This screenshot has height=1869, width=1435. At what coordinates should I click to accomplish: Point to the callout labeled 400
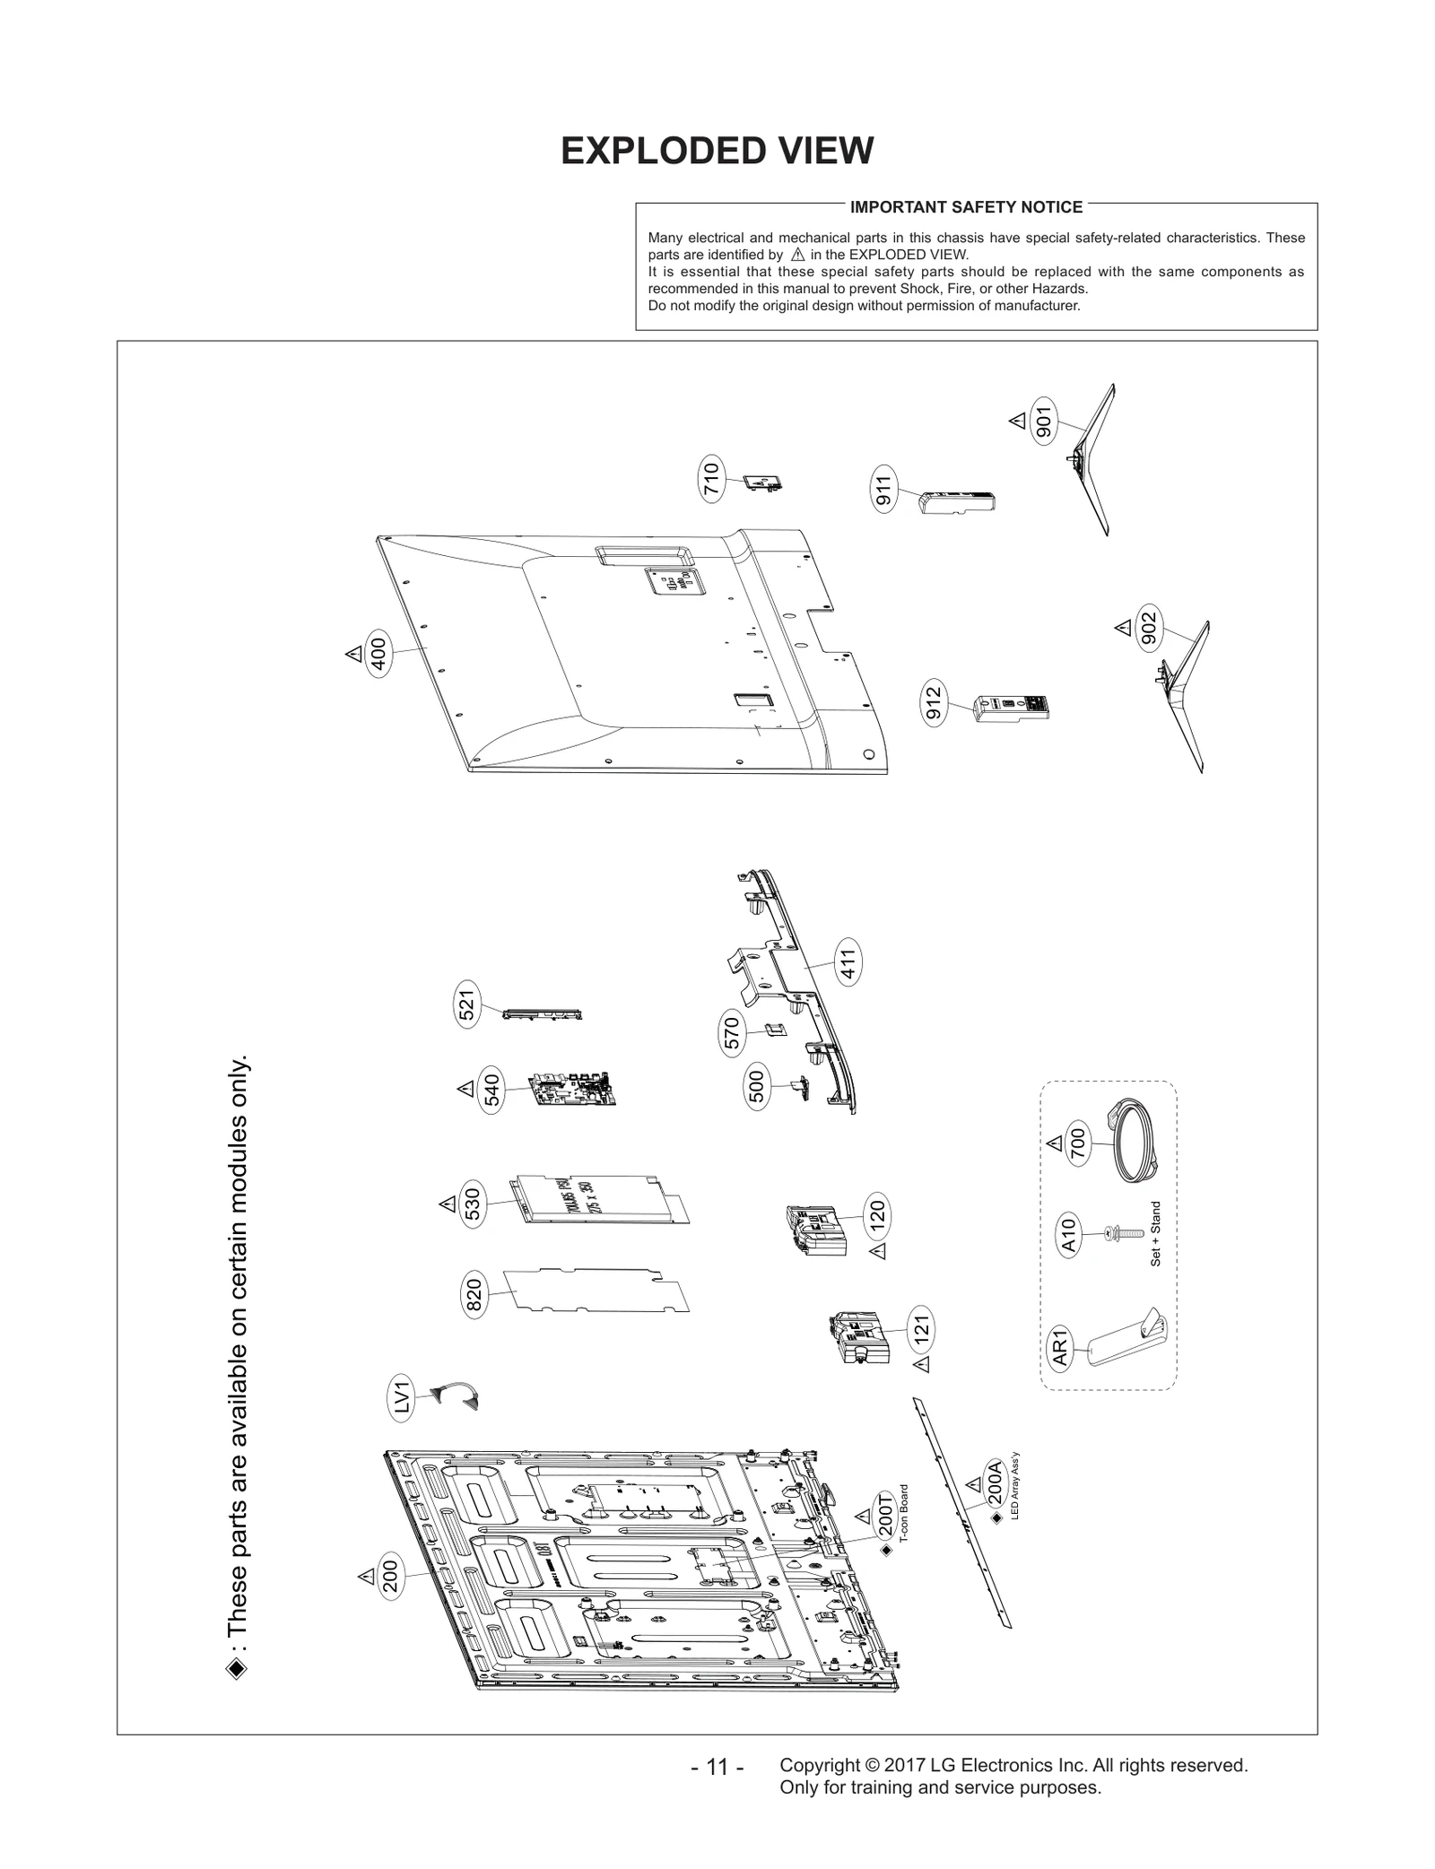378,653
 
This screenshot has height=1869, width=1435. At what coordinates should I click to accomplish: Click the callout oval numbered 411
848,962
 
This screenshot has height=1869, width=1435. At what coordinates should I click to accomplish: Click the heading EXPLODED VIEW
717,152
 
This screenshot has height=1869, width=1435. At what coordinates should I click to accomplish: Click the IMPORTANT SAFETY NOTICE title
966,207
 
